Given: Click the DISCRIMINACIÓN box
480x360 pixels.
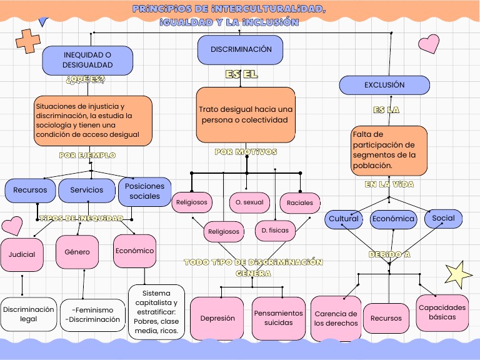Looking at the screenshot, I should click(x=240, y=50).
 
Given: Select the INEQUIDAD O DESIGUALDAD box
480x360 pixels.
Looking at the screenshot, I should click(x=87, y=60).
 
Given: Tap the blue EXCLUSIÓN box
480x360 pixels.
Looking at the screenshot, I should click(x=384, y=85).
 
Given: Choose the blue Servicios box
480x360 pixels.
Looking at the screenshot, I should click(x=86, y=191).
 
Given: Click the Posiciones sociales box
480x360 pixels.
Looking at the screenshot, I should click(x=144, y=191).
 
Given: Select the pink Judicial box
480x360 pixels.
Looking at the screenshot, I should click(x=22, y=255).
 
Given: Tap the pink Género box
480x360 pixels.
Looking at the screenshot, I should click(x=77, y=252).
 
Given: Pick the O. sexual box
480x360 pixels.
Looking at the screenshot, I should click(x=249, y=202).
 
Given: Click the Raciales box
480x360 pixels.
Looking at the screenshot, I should click(x=300, y=202).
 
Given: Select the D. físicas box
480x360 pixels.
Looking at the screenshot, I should click(x=275, y=231).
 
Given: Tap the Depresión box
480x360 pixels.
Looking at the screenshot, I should click(x=217, y=318).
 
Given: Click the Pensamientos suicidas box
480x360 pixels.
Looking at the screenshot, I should click(x=278, y=318).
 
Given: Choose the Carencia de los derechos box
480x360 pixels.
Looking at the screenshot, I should click(x=336, y=319).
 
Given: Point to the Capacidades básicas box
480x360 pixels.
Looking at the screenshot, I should click(x=442, y=312).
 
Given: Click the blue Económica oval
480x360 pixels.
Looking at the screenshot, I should click(x=393, y=219).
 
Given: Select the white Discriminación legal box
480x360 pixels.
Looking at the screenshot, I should click(x=28, y=314).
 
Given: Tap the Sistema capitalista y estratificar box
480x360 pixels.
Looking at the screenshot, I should click(x=156, y=312).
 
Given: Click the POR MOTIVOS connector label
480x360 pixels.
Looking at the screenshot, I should click(x=246, y=152).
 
